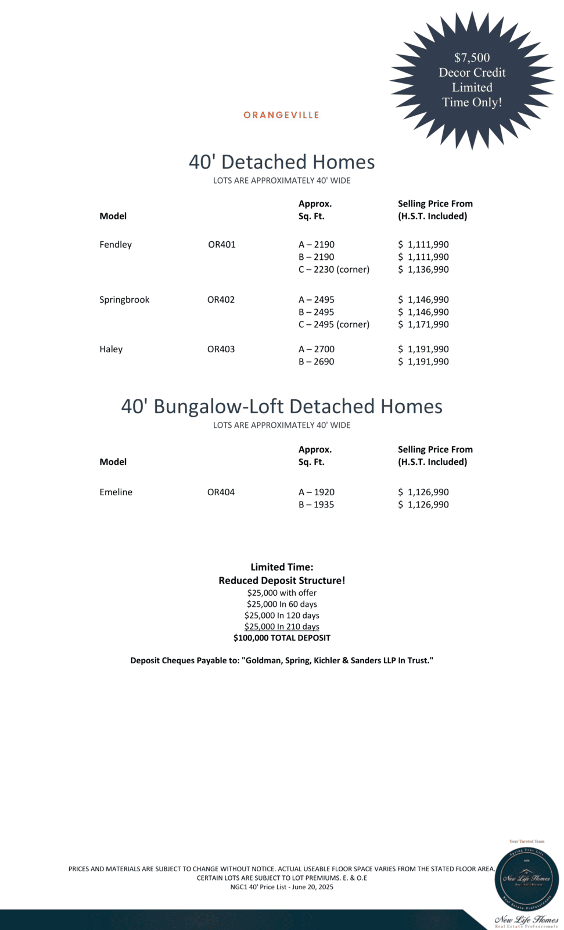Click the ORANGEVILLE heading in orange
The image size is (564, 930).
(281, 115)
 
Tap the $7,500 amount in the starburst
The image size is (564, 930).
(472, 58)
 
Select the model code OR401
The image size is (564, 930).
(222, 245)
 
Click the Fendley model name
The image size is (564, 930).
(116, 245)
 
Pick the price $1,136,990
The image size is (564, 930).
(423, 270)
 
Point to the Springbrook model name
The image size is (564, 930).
(124, 300)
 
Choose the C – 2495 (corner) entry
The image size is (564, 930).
(334, 324)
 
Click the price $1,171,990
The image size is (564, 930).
(423, 324)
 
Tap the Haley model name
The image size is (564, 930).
(111, 349)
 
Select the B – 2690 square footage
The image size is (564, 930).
(317, 362)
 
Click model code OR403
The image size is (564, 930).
(221, 349)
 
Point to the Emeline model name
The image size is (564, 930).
(116, 492)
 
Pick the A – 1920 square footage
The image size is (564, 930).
(317, 492)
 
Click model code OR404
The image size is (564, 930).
(221, 492)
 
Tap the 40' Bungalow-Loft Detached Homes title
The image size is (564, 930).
(282, 406)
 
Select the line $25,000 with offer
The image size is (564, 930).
(282, 593)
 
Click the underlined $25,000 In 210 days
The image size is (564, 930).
(282, 627)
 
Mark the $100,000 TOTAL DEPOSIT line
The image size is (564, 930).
(282, 638)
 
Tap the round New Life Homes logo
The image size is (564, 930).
(526, 879)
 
